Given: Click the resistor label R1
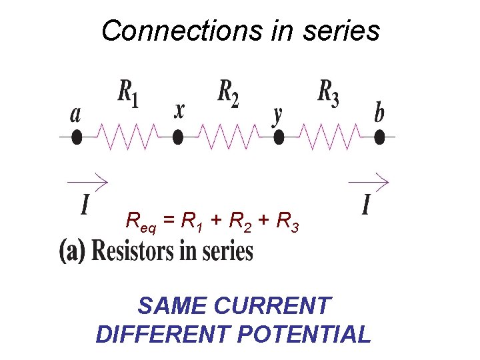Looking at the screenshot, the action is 129,93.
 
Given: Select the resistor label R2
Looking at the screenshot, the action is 229,93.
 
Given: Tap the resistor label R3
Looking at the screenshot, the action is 328,93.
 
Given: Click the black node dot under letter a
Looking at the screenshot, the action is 77,137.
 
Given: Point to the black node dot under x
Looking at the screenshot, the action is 178,137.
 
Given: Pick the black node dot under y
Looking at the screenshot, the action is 279,137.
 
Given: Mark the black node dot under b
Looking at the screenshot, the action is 379,137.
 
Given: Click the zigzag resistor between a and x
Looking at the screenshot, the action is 127,137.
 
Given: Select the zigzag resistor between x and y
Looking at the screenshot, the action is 228,137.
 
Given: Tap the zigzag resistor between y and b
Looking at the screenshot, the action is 329,137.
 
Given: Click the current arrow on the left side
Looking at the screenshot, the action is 87,181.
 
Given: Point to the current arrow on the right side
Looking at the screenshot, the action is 369,181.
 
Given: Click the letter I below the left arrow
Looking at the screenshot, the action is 85,203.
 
